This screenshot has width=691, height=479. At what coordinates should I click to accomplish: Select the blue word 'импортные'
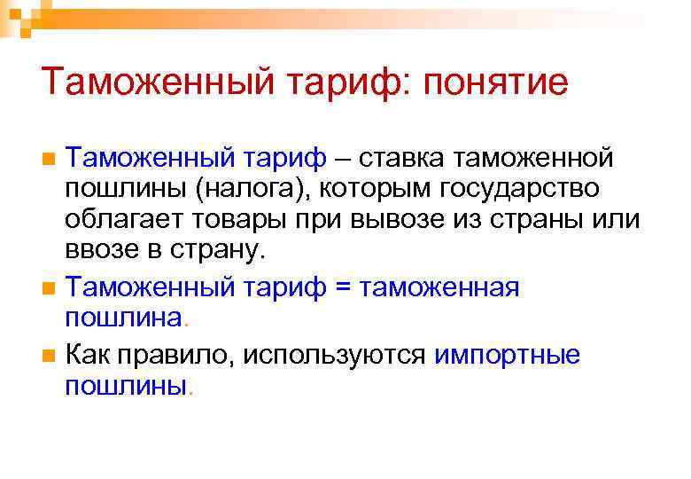pyautogui.click(x=508, y=355)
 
